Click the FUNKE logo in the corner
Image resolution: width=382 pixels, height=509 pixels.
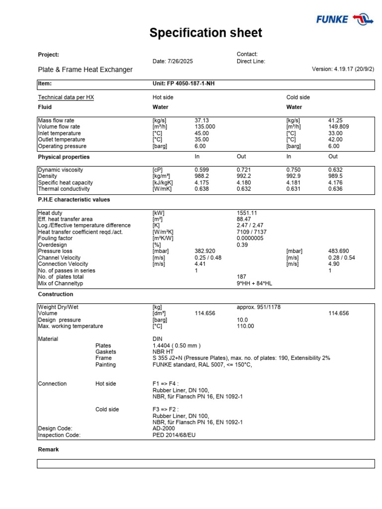pyautogui.click(x=345, y=19)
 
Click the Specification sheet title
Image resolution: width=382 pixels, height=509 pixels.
pyautogui.click(x=206, y=33)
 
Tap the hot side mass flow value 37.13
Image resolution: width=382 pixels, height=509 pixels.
pyautogui.click(x=201, y=120)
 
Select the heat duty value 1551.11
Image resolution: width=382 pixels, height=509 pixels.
pyautogui.click(x=247, y=213)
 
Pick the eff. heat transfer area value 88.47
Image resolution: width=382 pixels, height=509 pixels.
pyautogui.click(x=244, y=219)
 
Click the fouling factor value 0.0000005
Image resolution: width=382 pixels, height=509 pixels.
pyautogui.click(x=250, y=238)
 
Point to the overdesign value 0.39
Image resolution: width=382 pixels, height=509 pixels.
pyautogui.click(x=242, y=245)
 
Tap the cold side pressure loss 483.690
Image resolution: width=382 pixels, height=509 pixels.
pyautogui.click(x=339, y=251)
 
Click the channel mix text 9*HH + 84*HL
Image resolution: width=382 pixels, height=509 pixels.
pyautogui.click(x=254, y=283)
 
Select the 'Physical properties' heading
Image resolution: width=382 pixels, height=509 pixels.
pyautogui.click(x=64, y=157)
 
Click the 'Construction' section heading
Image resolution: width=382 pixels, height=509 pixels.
pyautogui.click(x=55, y=294)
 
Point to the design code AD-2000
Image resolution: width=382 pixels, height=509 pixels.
pyautogui.click(x=164, y=428)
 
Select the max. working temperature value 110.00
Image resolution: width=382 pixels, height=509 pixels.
pyautogui.click(x=245, y=326)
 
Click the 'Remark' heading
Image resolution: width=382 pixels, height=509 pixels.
pyautogui.click(x=48, y=449)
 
